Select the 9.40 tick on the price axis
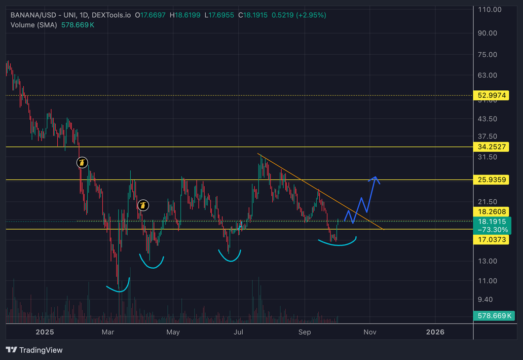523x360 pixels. click(x=487, y=300)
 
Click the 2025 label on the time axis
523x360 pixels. click(x=45, y=332)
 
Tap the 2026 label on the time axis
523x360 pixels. click(x=435, y=332)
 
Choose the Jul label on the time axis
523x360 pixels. click(x=239, y=332)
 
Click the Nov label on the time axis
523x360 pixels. click(x=370, y=332)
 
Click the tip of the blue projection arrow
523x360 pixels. click(x=375, y=177)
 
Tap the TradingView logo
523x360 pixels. click(x=34, y=350)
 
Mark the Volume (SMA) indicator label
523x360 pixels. click(x=33, y=24)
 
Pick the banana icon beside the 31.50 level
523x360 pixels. click(x=82, y=163)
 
